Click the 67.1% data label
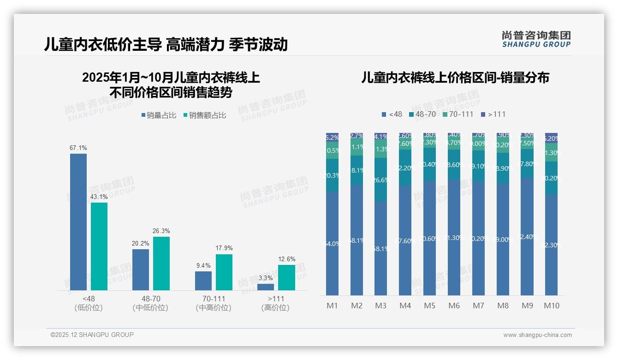78,148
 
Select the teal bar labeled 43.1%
99,246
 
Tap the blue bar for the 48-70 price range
141,270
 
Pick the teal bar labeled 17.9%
224,272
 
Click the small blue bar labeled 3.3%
266,287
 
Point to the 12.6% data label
287,259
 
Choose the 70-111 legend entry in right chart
458,114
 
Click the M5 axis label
429,306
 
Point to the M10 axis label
551,306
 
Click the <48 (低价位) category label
88,303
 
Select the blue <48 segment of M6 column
454,237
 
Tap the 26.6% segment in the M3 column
381,180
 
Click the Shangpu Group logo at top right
536,39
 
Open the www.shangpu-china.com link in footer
537,335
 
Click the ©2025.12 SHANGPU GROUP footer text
92,335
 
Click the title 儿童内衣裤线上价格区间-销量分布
455,78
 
